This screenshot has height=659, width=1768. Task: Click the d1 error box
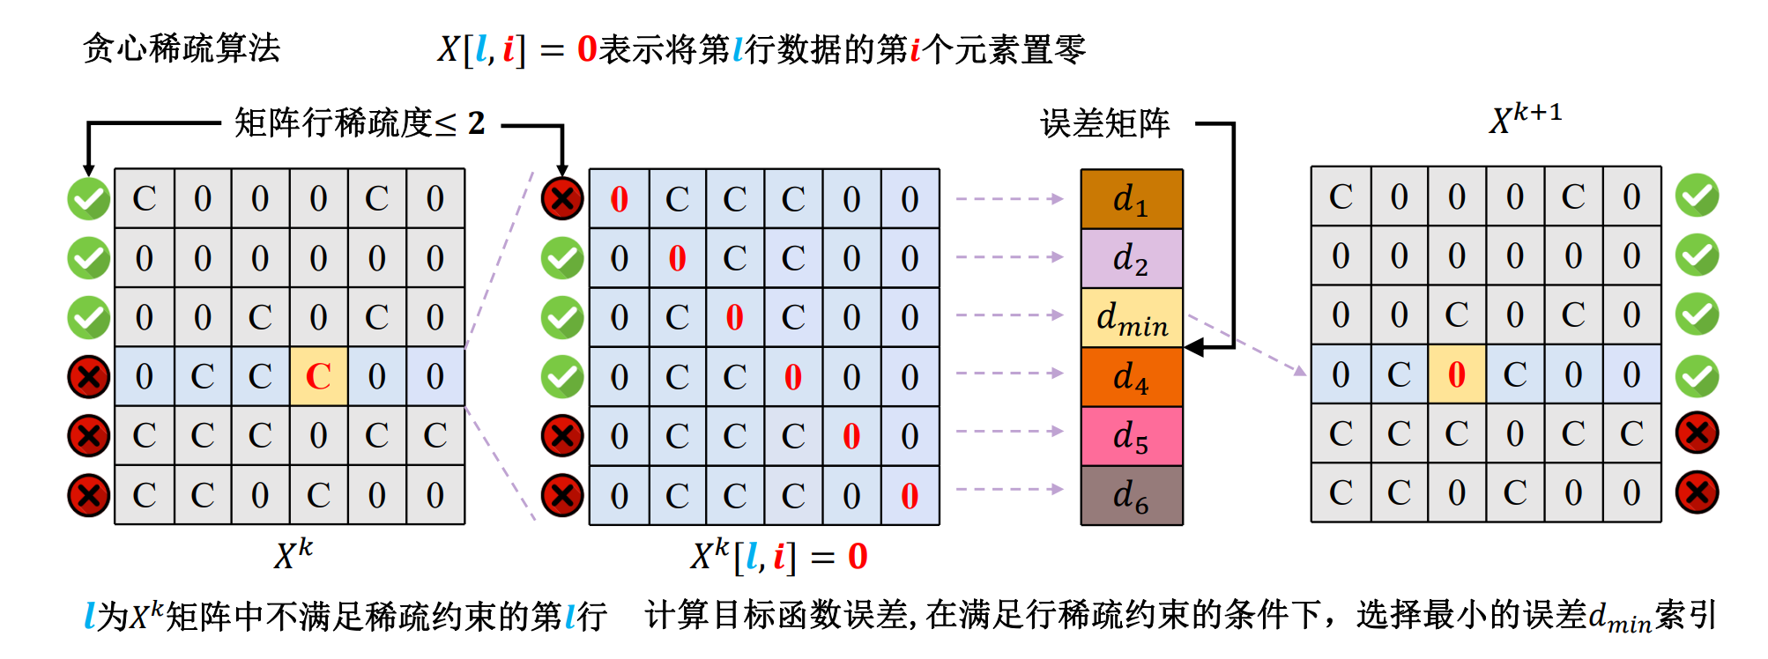tap(1132, 199)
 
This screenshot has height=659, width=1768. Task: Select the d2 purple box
tap(1132, 258)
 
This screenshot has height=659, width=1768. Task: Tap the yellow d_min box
tap(1132, 317)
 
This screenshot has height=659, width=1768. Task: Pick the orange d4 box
tap(1132, 377)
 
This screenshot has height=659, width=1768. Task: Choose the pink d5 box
tap(1132, 436)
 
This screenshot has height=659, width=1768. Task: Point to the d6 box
tap(1132, 495)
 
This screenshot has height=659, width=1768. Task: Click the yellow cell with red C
tap(318, 376)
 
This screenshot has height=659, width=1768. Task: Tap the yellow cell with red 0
tap(1456, 374)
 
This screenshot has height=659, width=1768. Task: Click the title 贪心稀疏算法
tap(182, 48)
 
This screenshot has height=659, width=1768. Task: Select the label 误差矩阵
tap(1104, 123)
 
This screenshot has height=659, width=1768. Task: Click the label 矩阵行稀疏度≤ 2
tap(360, 123)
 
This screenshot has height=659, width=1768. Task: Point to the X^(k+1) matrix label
tap(1525, 118)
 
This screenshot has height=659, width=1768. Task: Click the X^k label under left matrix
tap(293, 554)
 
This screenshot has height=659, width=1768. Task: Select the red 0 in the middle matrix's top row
tap(619, 199)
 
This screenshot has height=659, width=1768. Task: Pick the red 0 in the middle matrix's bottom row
tap(910, 496)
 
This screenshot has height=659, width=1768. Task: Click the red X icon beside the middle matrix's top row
tap(562, 198)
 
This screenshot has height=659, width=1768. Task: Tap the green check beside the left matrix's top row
tap(89, 198)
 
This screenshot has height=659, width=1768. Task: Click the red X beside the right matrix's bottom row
tap(1697, 492)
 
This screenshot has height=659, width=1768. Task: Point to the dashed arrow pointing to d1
tap(1010, 199)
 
